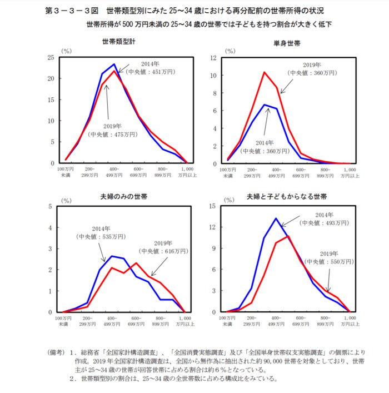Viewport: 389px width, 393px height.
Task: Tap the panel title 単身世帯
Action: pyautogui.click(x=286, y=42)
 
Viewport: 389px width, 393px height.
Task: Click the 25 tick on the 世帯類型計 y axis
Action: pyautogui.click(x=51, y=57)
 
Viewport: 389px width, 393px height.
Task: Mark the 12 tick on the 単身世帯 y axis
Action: pyautogui.click(x=212, y=58)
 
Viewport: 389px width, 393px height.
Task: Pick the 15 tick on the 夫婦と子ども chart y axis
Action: pyautogui.click(x=212, y=206)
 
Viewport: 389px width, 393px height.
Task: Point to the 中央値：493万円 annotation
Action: pyautogui.click(x=323, y=222)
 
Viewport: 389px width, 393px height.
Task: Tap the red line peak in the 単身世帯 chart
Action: pyautogui.click(x=265, y=72)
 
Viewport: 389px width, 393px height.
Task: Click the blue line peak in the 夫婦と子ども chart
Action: pyautogui.click(x=276, y=218)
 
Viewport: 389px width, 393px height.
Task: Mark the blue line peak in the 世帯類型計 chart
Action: pyautogui.click(x=114, y=64)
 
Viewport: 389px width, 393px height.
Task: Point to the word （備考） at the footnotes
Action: pyautogui.click(x=58, y=352)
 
